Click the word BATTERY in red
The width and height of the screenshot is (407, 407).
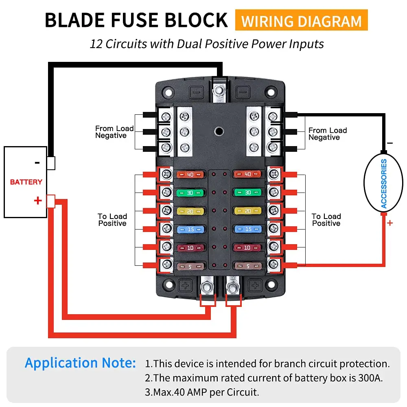[x=26, y=182]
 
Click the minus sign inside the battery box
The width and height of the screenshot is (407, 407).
[x=37, y=163]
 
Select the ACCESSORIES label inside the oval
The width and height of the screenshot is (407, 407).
[x=383, y=184]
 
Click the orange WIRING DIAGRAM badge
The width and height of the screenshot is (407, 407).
[x=301, y=21]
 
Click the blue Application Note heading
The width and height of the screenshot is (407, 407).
[x=80, y=363]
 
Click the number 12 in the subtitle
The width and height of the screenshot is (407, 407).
[x=96, y=44]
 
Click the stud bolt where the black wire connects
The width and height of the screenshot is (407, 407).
[x=220, y=90]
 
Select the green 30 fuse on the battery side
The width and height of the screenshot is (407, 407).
[x=190, y=193]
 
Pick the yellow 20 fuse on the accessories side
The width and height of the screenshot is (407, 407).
[x=247, y=211]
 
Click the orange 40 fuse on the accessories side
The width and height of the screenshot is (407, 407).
[x=247, y=175]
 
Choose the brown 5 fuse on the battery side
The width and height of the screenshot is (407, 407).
[x=190, y=267]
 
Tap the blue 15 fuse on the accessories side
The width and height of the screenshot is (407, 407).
[x=247, y=229]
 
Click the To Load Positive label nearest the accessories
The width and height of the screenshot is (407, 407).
[x=326, y=220]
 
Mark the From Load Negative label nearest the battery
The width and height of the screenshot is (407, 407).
[x=114, y=132]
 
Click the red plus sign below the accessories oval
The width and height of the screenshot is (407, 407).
[x=389, y=223]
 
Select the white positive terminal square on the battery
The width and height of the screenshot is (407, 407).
[x=51, y=201]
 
